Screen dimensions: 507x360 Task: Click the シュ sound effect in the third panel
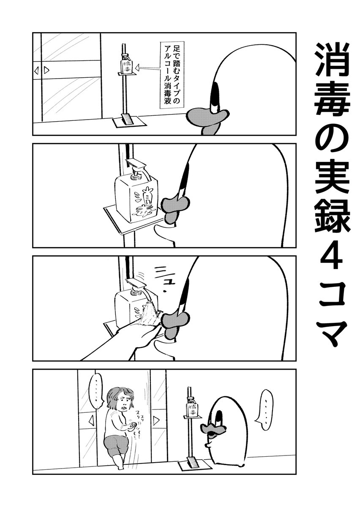(x=164, y=274)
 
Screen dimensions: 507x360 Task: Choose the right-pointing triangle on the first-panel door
(x=46, y=70)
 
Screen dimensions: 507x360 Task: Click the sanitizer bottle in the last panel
(x=192, y=408)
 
